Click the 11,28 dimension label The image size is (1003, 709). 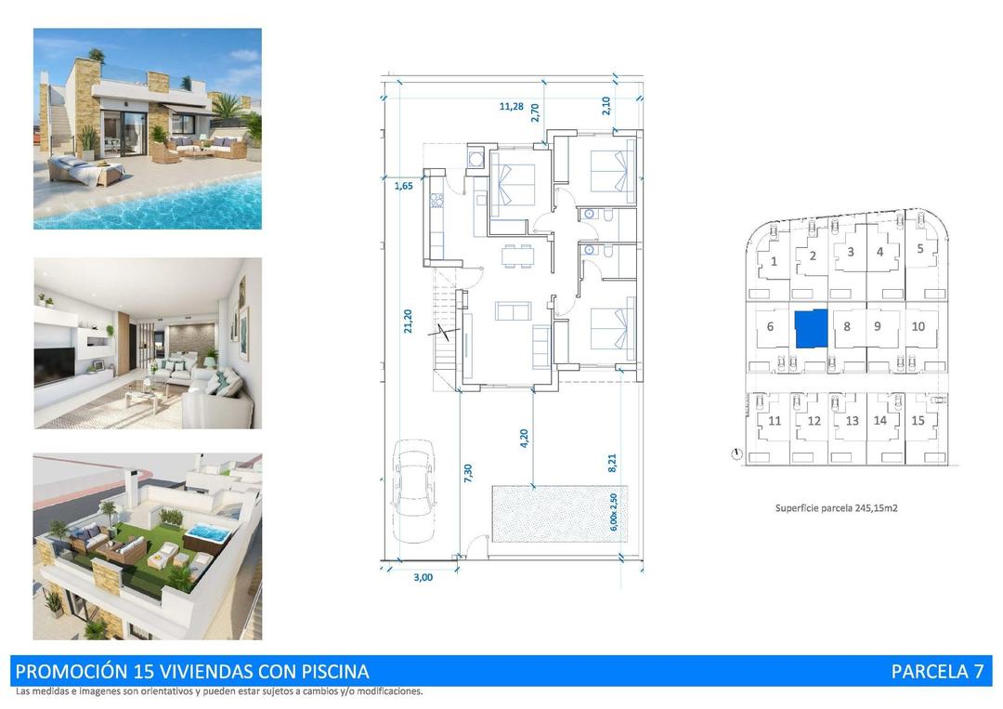coord(511,106)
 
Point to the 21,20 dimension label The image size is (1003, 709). coord(407,322)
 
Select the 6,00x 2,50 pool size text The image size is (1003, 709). coord(613,510)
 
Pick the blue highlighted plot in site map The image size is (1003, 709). coord(810,329)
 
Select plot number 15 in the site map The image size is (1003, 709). coord(918,420)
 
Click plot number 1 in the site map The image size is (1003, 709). coord(774,261)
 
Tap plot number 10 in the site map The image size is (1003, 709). coord(918,326)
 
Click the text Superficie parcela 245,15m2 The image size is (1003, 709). coord(836,508)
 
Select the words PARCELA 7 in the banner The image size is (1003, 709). coord(936,671)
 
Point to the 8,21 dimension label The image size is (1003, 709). coord(612,462)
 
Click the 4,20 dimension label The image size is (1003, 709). coord(525,438)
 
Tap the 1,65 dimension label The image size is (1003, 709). coord(403,187)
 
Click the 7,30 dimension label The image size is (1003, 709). coord(468,473)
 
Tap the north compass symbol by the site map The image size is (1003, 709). coord(736,454)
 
